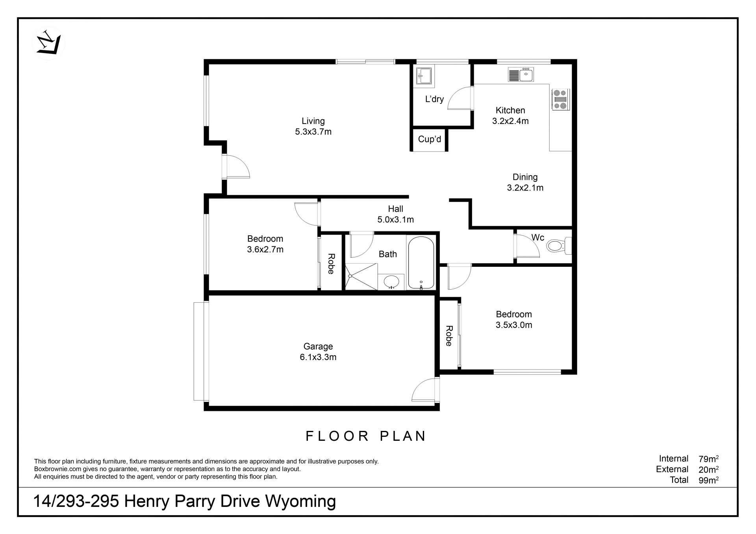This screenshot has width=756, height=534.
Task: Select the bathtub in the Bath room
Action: tap(421, 262)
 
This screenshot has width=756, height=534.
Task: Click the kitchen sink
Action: tap(521, 74)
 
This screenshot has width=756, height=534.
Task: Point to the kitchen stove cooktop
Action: tap(560, 99)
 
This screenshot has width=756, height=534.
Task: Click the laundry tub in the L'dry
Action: tap(424, 75)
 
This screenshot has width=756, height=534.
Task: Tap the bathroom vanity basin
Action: tap(391, 282)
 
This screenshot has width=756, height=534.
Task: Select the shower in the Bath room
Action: tap(361, 277)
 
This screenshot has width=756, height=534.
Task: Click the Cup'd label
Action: tap(430, 139)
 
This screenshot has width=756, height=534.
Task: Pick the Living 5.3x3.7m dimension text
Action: tap(313, 132)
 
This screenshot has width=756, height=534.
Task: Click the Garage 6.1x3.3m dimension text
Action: tap(318, 357)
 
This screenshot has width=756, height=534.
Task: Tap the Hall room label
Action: tap(395, 209)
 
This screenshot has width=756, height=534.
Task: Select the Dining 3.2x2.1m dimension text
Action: tap(525, 188)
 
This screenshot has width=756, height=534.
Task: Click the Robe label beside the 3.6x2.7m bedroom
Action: tap(331, 264)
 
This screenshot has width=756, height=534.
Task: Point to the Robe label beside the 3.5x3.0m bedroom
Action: tap(449, 336)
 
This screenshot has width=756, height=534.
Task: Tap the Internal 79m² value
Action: tap(709, 458)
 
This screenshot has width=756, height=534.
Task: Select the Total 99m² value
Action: tap(709, 480)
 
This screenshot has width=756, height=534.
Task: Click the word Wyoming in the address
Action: tap(300, 502)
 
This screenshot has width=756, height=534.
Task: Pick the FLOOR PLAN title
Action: tap(366, 436)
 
